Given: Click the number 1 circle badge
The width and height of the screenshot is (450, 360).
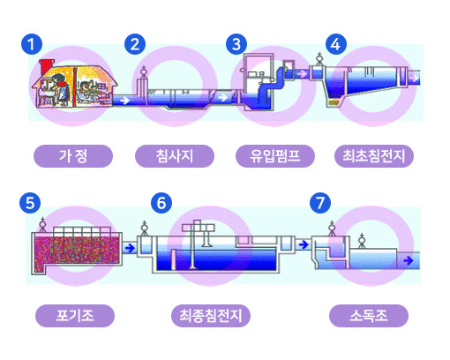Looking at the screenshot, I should [x=32, y=43].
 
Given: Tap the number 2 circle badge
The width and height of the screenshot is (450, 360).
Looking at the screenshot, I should [x=135, y=43].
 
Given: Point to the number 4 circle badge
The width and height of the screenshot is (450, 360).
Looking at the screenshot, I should [x=334, y=43].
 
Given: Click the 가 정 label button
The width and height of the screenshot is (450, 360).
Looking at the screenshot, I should [x=73, y=157].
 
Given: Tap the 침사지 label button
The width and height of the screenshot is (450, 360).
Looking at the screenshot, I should [x=175, y=157].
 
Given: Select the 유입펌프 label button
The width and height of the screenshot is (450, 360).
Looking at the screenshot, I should [x=274, y=157].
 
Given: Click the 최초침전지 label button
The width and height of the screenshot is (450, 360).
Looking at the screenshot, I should [x=374, y=157].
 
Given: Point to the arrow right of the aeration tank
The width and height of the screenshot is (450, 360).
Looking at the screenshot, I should [x=131, y=249].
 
